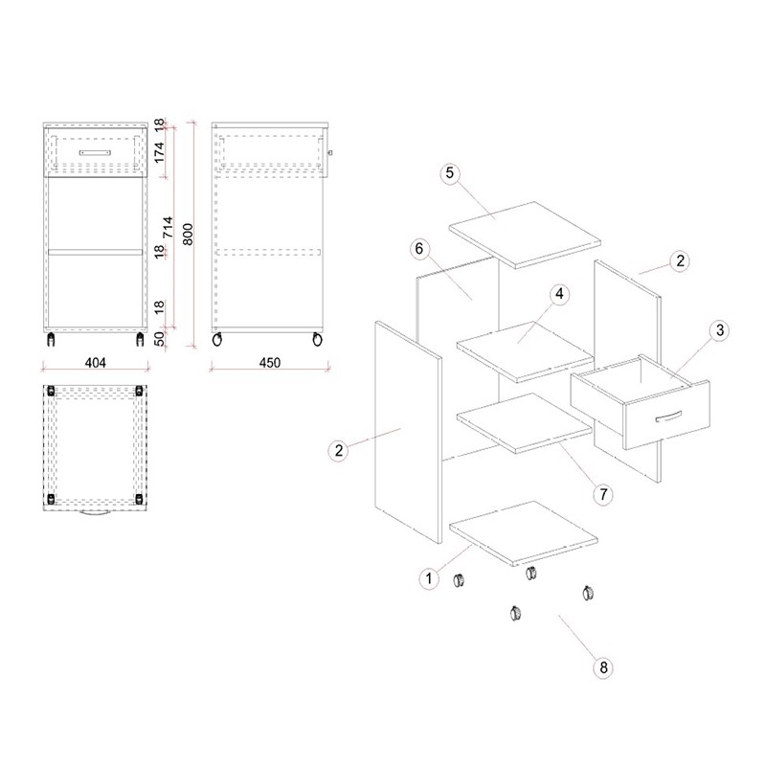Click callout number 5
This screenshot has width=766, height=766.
(450, 173)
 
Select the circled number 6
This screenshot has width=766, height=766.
(419, 249)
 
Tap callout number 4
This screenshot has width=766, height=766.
(559, 294)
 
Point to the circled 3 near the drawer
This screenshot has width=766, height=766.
(720, 330)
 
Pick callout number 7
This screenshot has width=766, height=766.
(603, 494)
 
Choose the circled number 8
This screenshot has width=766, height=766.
(603, 667)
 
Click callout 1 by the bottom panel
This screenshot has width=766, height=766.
(429, 579)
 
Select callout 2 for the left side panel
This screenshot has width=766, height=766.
(339, 450)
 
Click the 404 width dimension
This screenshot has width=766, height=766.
(95, 363)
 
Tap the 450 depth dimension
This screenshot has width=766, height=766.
(270, 363)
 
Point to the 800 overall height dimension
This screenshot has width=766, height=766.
(188, 235)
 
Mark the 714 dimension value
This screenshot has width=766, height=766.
(168, 227)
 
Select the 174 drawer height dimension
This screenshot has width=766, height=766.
(160, 152)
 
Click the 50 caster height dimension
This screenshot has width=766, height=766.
(160, 339)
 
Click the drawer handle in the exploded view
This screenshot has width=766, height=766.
(668, 417)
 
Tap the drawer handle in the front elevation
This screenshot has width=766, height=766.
(95, 153)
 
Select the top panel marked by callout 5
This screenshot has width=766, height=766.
(525, 235)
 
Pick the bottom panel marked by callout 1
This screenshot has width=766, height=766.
(523, 533)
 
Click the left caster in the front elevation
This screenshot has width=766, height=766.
(51, 340)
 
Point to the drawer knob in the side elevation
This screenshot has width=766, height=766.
(330, 153)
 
